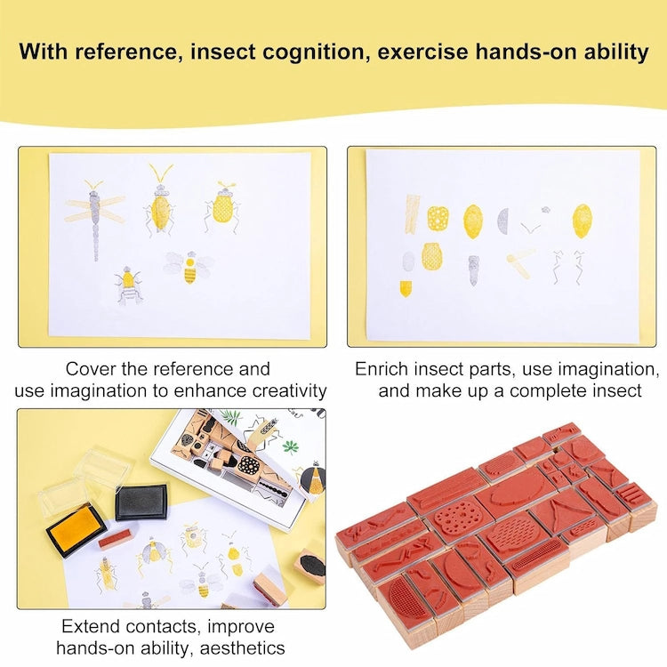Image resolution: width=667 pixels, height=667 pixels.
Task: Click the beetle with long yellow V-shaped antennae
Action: (x=160, y=203)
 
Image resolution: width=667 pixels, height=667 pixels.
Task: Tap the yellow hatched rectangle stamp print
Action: (x=413, y=213)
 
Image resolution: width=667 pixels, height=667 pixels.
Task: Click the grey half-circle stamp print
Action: (x=502, y=220)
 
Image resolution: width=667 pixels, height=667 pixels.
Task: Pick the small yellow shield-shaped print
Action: (x=406, y=288)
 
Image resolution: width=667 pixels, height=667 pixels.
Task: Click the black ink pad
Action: (x=141, y=502)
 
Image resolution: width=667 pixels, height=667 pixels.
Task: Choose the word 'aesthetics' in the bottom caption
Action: (x=241, y=647)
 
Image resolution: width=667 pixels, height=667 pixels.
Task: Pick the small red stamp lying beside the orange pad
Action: (x=117, y=538)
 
